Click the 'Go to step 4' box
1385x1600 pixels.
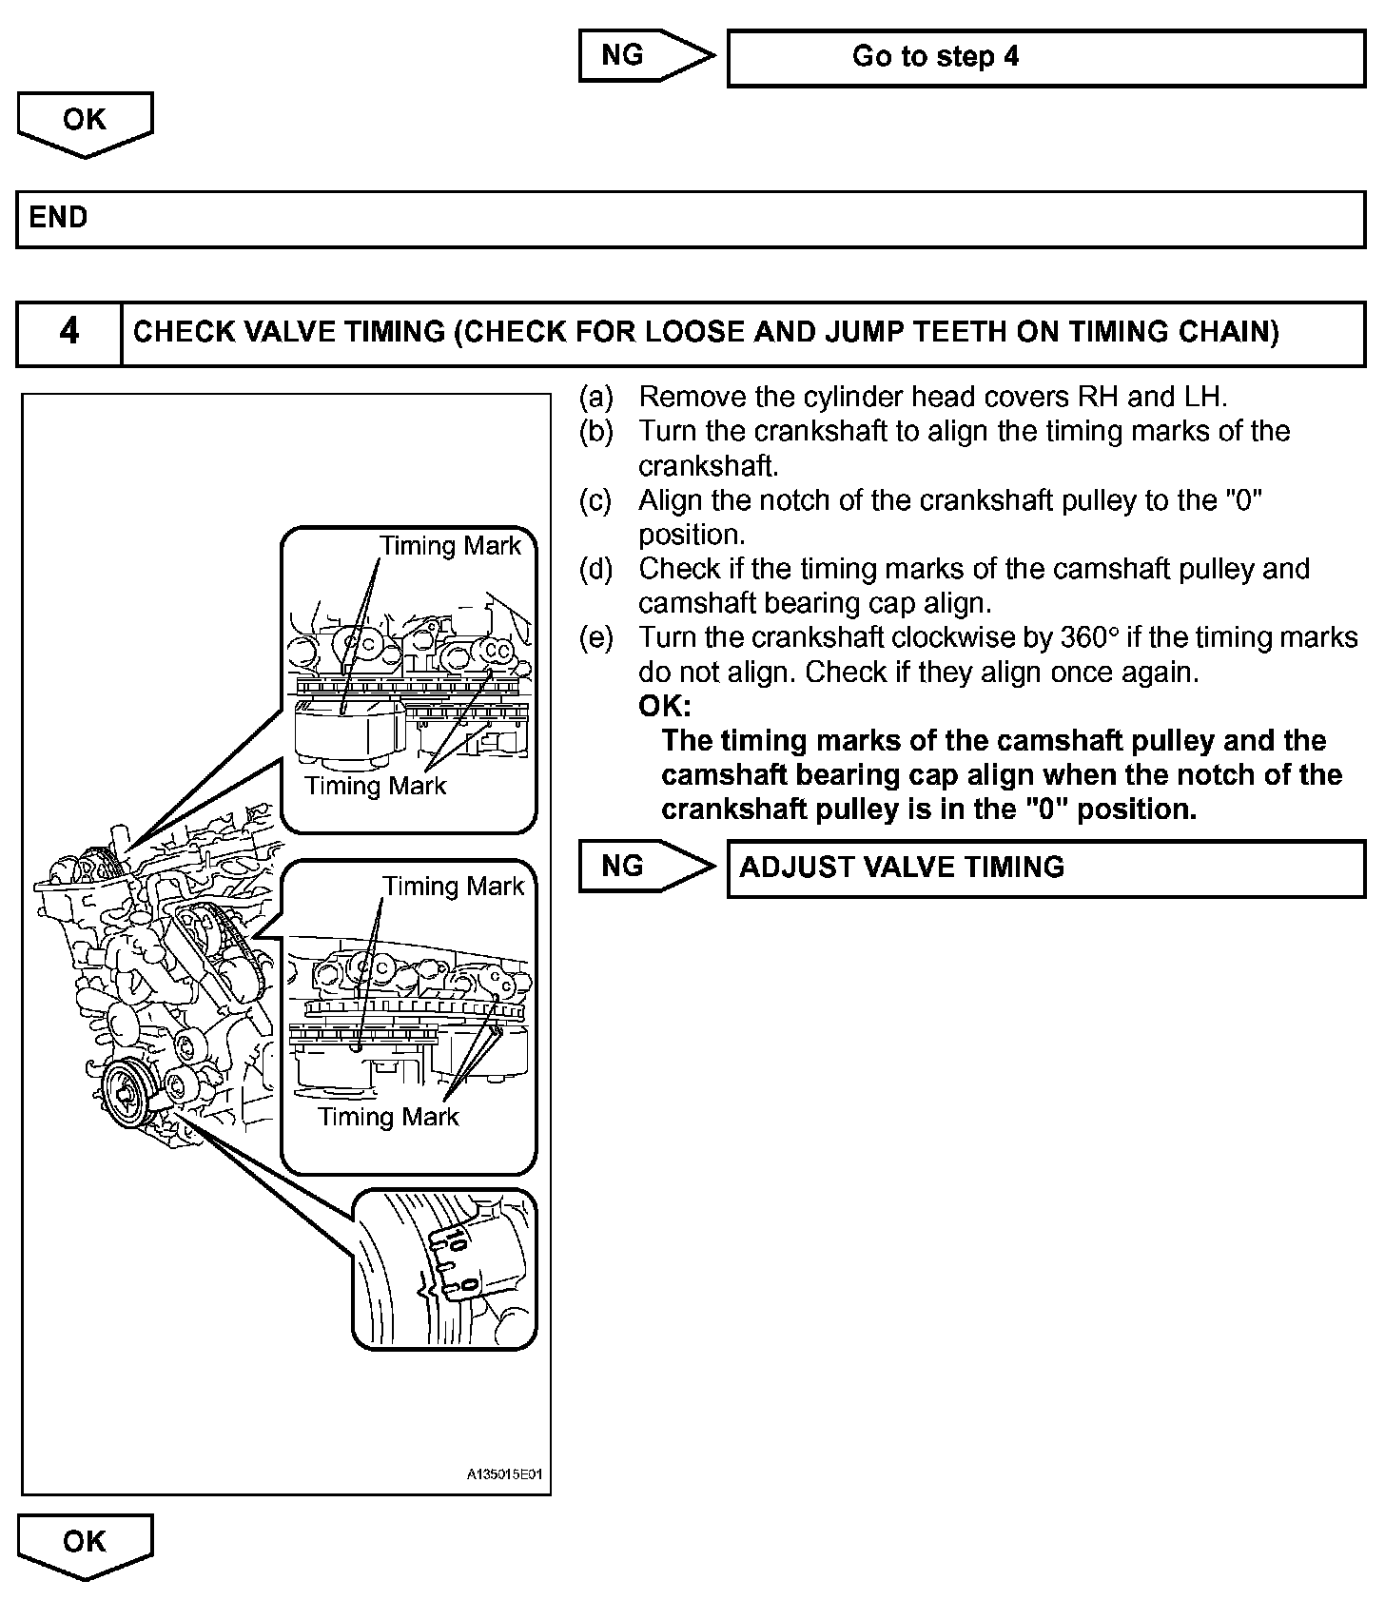(x=1045, y=58)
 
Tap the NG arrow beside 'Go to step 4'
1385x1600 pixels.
(x=644, y=55)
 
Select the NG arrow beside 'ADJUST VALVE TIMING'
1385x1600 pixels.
(x=644, y=867)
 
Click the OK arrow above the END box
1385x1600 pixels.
(x=85, y=123)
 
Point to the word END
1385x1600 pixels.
(x=58, y=218)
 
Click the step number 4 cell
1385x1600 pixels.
(x=69, y=332)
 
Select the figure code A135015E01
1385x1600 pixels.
(x=504, y=1475)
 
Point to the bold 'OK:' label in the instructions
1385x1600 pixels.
(x=664, y=706)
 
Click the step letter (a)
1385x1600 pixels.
(x=596, y=397)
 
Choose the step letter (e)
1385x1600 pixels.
(x=596, y=637)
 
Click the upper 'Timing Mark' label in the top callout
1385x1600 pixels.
(x=450, y=546)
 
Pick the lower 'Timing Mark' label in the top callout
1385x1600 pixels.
(x=375, y=786)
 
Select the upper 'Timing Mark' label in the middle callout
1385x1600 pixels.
(x=453, y=887)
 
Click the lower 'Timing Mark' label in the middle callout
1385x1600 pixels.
(x=388, y=1117)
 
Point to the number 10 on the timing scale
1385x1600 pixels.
(x=456, y=1239)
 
